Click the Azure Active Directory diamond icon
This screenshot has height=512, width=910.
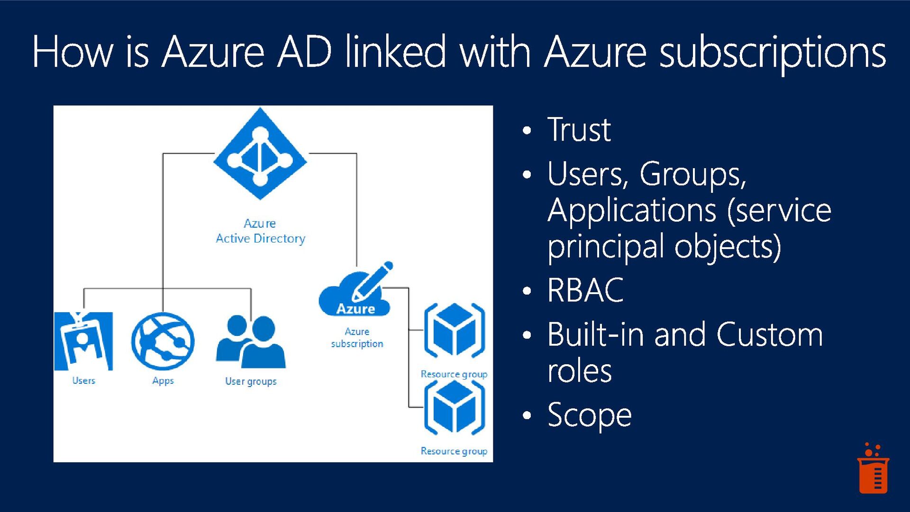point(260,154)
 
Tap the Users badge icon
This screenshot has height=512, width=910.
point(83,341)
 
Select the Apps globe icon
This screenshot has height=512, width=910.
point(163,341)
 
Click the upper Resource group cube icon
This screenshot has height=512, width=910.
point(455,330)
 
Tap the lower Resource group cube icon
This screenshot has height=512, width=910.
point(455,407)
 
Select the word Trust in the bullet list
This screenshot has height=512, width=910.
point(579,129)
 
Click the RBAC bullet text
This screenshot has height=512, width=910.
point(585,290)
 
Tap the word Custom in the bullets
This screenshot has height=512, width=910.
point(769,334)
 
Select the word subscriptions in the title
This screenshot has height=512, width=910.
point(773,52)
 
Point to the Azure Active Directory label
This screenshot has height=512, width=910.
point(260,231)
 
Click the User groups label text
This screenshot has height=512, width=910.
point(251,381)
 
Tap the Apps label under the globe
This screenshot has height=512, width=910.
point(163,381)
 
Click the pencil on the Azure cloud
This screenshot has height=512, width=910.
point(373,280)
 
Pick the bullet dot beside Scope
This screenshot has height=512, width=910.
point(527,415)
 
